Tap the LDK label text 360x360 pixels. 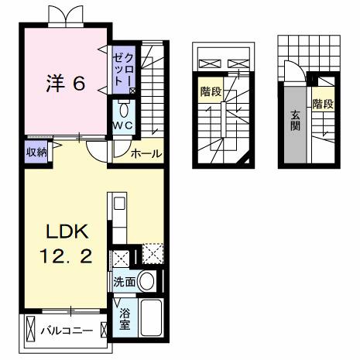point(67,232)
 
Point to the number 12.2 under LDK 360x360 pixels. point(67,255)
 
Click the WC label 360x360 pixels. point(124,125)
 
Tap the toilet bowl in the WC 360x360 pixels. point(124,108)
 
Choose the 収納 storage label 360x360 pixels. point(36,152)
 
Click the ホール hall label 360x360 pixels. point(146,153)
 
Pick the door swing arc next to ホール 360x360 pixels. point(98,151)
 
